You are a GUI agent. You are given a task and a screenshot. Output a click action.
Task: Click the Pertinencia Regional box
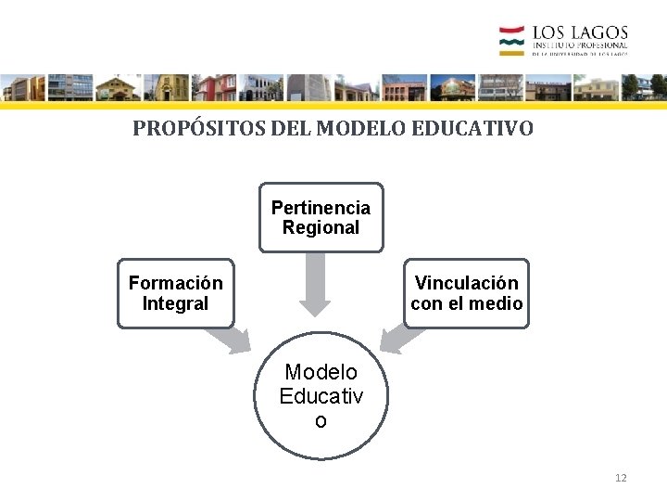(x=321, y=217)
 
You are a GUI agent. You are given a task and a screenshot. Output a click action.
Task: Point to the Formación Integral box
(x=176, y=293)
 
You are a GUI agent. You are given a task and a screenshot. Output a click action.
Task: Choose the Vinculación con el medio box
(x=466, y=293)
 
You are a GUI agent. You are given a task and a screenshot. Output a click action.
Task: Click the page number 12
(x=621, y=478)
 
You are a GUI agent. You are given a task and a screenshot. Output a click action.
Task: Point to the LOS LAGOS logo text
(x=580, y=34)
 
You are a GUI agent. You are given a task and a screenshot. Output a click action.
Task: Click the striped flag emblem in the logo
(x=512, y=41)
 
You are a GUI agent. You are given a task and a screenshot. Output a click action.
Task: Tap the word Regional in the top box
(x=321, y=227)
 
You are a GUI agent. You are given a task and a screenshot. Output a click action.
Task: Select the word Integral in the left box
(x=176, y=303)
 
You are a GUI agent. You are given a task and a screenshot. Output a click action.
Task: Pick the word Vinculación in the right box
(x=466, y=283)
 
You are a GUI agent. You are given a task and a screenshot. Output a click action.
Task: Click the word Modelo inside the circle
(x=321, y=372)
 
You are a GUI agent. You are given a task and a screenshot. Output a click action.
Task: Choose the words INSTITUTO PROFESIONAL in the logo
(x=580, y=45)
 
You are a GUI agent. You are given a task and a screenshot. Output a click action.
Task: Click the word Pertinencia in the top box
(x=321, y=208)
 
